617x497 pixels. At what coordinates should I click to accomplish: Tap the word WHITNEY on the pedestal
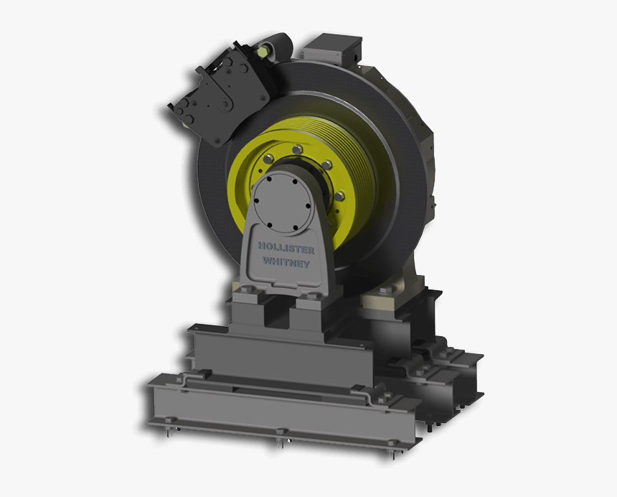coord(286,263)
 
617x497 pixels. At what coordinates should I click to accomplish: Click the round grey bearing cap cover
coord(282,203)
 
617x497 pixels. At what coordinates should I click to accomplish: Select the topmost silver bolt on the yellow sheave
coord(296,149)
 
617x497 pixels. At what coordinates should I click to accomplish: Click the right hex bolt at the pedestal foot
coord(313,295)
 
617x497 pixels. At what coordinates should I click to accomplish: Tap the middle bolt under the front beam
coord(281,433)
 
